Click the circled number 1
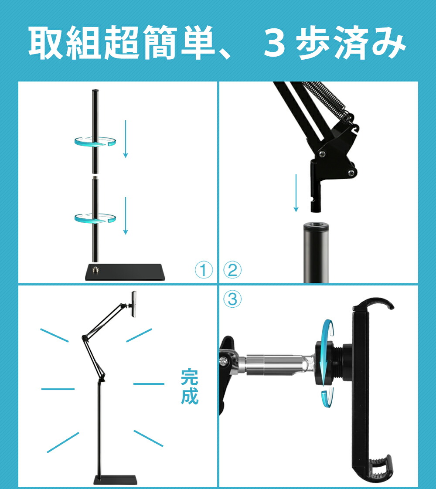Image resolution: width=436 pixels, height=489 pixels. pyautogui.click(x=204, y=270)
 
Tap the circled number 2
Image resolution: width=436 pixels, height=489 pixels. pyautogui.click(x=233, y=270)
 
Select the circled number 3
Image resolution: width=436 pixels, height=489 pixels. pyautogui.click(x=233, y=299)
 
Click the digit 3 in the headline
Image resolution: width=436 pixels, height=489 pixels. pyautogui.click(x=274, y=43)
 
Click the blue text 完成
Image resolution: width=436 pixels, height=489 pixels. pyautogui.click(x=189, y=387)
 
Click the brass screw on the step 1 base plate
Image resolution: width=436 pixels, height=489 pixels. pyautogui.click(x=95, y=268)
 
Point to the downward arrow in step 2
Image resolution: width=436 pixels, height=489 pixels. pyautogui.click(x=296, y=193)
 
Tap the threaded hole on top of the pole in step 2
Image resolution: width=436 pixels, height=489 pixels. pyautogui.click(x=316, y=224)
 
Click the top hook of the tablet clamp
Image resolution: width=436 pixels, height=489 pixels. pyautogui.click(x=374, y=304)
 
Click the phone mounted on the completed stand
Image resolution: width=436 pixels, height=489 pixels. pyautogui.click(x=134, y=304)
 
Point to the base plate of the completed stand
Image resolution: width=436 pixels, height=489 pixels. pyautogui.click(x=116, y=480)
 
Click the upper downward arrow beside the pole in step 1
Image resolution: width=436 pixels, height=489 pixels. pyautogui.click(x=126, y=139)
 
